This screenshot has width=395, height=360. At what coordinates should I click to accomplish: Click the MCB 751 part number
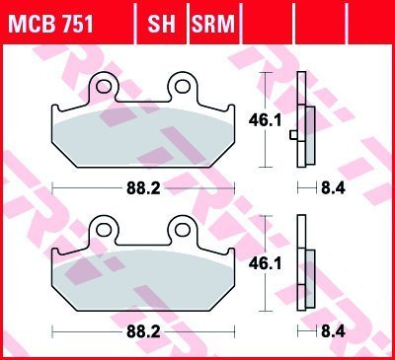tap(51, 24)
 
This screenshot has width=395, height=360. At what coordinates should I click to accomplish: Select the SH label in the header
tap(161, 24)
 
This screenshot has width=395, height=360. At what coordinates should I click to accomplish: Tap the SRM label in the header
tap(213, 24)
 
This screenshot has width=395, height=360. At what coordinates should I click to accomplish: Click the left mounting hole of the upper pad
tap(104, 87)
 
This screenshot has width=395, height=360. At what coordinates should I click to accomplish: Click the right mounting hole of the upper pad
tap(182, 87)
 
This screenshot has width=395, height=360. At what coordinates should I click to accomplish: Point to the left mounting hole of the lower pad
tap(104, 230)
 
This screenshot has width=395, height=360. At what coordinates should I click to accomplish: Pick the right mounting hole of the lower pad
tap(182, 230)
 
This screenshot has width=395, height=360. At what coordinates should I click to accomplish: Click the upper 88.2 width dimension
tap(143, 188)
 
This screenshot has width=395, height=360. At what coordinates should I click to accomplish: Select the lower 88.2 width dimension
tap(143, 332)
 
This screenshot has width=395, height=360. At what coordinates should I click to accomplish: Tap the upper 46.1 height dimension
tap(265, 120)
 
